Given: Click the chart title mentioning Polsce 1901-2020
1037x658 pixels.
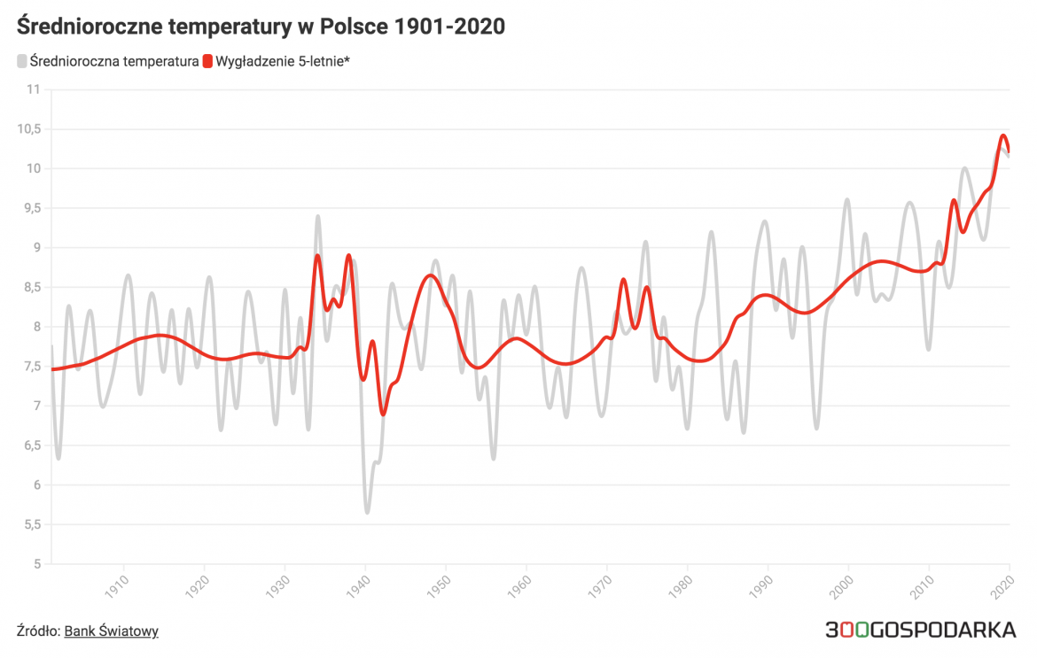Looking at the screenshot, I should [261, 27].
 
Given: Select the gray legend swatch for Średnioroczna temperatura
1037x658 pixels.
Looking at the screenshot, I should [22, 61].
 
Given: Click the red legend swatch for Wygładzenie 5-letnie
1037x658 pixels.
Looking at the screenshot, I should [208, 61].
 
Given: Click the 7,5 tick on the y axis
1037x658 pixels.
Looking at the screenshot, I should [32, 366].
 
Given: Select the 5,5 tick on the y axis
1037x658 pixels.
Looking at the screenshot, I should [32, 524].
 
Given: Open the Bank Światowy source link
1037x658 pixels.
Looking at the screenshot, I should [111, 631].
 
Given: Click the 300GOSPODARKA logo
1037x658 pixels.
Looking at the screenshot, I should [920, 631].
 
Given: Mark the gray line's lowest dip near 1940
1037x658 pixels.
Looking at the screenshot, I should [367, 512].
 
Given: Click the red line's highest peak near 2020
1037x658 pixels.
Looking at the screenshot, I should [1003, 135].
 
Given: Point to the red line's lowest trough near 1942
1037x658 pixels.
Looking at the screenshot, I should [383, 414].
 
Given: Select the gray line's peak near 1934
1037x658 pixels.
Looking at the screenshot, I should [317, 216].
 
